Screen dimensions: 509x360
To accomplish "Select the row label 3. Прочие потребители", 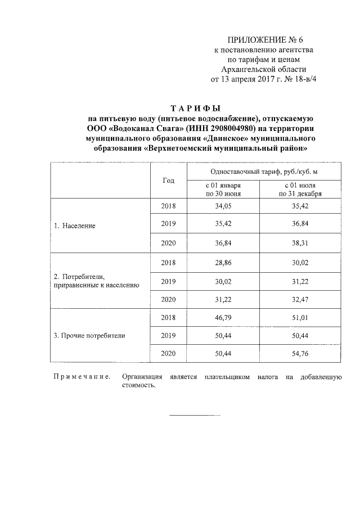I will point(89,336).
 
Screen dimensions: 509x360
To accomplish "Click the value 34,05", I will point(223,206).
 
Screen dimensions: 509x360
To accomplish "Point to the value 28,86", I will point(223,262).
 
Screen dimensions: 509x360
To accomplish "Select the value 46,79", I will point(223,317).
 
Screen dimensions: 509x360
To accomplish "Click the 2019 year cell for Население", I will point(168,225).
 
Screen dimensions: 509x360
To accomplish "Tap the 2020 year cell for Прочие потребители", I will point(168,353).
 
